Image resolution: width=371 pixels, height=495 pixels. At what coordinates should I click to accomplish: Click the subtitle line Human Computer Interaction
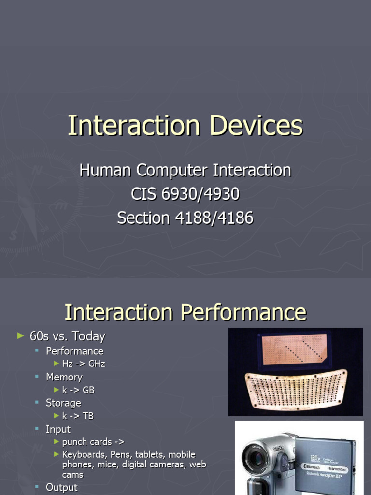[x=185, y=170]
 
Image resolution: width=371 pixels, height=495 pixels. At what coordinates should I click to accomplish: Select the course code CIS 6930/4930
[x=185, y=194]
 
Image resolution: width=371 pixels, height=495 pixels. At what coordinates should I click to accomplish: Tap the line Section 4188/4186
[x=185, y=218]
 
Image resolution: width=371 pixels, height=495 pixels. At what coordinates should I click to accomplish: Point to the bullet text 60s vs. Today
[x=67, y=336]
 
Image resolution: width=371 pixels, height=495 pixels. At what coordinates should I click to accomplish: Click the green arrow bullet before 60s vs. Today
[x=20, y=335]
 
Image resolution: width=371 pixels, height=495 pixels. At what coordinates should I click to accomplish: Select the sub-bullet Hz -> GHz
[x=83, y=364]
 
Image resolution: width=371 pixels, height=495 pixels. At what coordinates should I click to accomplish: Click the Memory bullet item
[x=64, y=377]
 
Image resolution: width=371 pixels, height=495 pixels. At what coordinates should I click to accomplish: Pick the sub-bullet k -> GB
[x=78, y=390]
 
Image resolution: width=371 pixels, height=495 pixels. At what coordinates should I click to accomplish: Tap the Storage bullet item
[x=63, y=403]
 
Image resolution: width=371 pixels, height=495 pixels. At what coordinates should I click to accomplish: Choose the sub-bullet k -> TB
[x=78, y=416]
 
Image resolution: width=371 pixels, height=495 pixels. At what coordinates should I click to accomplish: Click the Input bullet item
[x=58, y=429]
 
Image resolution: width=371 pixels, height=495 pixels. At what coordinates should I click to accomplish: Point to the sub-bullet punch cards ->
[x=93, y=442]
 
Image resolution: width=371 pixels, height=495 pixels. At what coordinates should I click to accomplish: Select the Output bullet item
[x=61, y=487]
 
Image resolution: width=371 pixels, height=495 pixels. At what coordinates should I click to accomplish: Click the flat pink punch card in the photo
[x=294, y=349]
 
